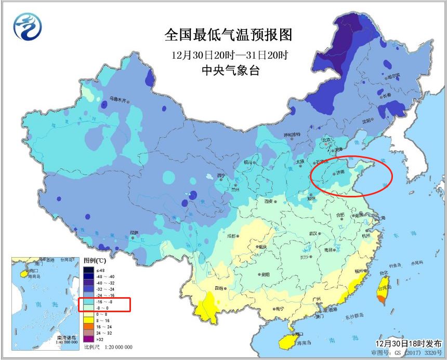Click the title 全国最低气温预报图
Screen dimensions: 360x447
pyautogui.click(x=228, y=35)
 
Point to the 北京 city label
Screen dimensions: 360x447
pyautogui.click(x=325, y=140)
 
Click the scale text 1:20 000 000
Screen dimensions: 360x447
pyautogui.click(x=115, y=347)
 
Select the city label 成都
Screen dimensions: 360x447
pyautogui.click(x=231, y=236)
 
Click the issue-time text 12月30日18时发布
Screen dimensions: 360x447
pyautogui.click(x=409, y=344)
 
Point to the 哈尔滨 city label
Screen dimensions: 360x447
pyautogui.click(x=393, y=76)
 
